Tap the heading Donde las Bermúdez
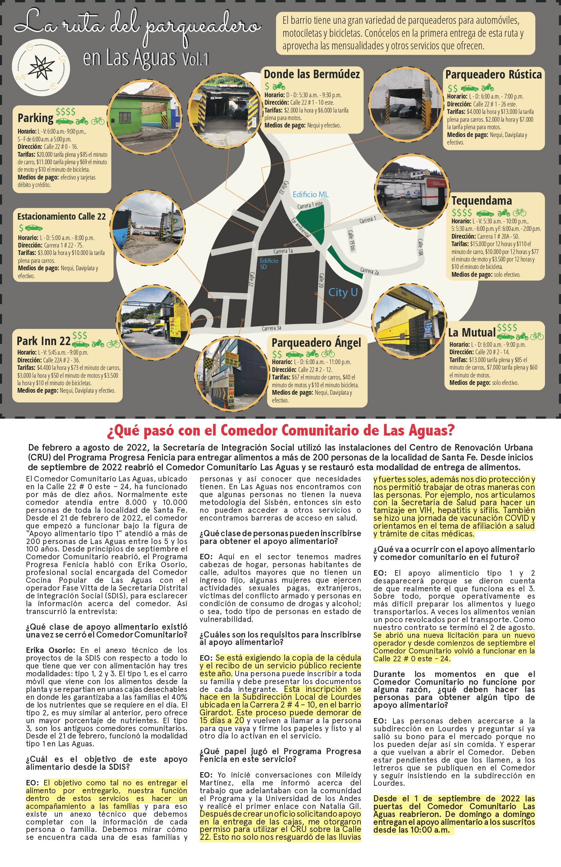(x=312, y=74)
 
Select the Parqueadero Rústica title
(x=493, y=75)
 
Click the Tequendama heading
(x=481, y=201)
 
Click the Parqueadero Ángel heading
(x=316, y=343)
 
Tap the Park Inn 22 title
(x=44, y=341)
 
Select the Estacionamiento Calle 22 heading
(x=62, y=216)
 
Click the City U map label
(x=343, y=292)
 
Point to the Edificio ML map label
(x=310, y=194)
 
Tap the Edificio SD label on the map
(x=269, y=264)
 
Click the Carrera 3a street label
(x=271, y=328)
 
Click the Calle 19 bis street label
(x=351, y=241)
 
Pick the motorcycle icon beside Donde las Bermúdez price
(x=279, y=86)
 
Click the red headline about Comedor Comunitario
(x=280, y=430)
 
